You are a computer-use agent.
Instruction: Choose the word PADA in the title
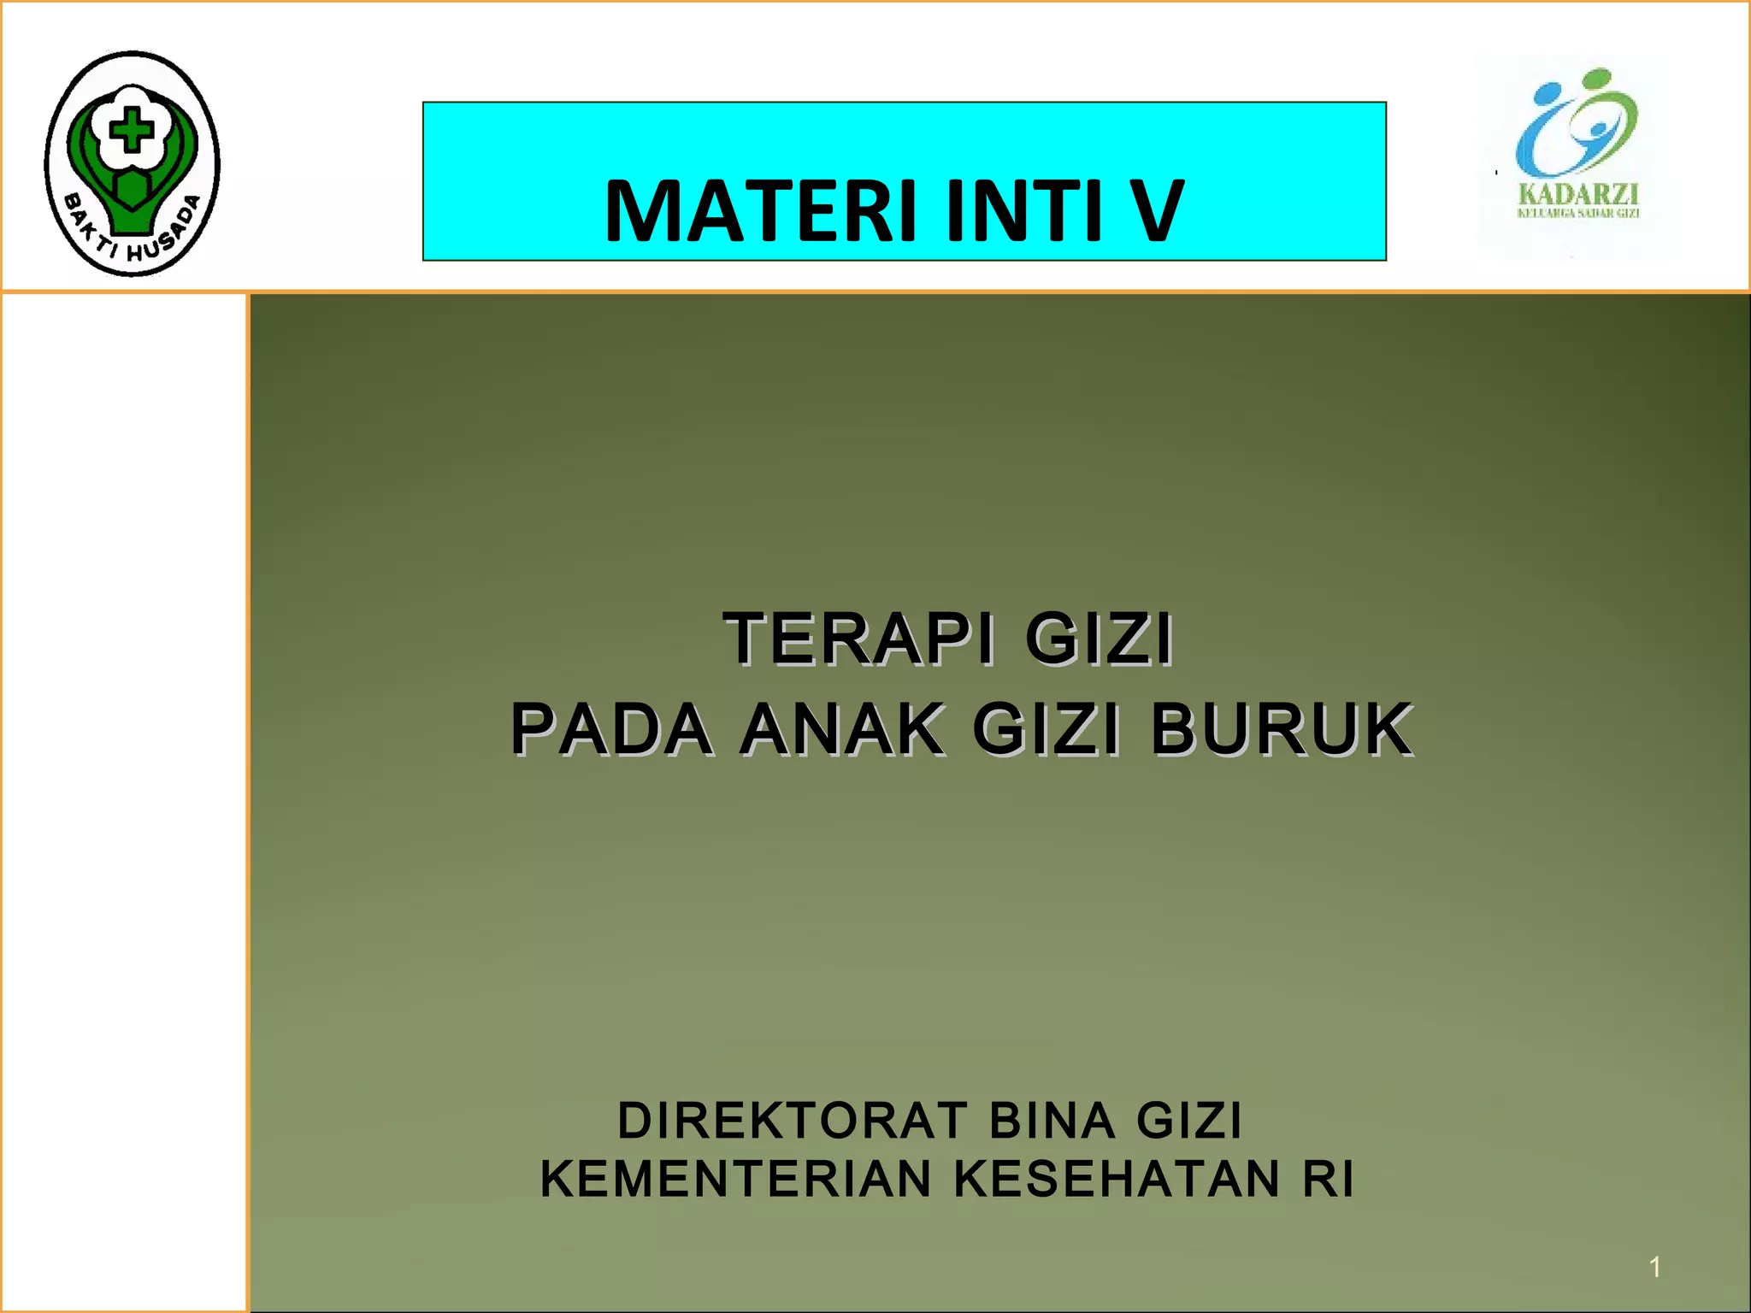click(610, 729)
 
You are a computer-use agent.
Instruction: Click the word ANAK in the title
click(842, 729)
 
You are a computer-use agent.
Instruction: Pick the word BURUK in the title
click(1281, 729)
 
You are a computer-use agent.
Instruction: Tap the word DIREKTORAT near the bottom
click(793, 1120)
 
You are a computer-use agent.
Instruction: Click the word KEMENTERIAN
click(735, 1179)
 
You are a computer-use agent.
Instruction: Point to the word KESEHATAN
click(1117, 1179)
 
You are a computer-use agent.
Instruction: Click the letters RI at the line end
click(1328, 1179)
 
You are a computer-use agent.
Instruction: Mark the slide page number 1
click(1655, 1267)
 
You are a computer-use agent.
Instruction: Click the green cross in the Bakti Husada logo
click(132, 131)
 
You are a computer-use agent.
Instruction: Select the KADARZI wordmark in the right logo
click(1577, 193)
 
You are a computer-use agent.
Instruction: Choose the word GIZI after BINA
click(1188, 1120)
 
